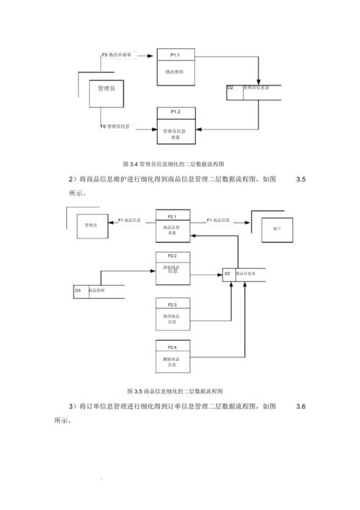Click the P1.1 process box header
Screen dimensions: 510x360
click(176, 55)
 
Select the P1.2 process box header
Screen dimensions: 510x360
click(176, 112)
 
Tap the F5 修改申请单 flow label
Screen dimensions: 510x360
click(120, 55)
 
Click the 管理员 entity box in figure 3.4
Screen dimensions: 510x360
click(107, 88)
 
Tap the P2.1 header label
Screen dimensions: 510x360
click(172, 216)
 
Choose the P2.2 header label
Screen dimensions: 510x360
click(172, 256)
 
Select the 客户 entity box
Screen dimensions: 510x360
click(277, 228)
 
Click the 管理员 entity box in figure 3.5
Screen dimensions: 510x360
click(91, 225)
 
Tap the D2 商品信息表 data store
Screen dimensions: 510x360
click(243, 274)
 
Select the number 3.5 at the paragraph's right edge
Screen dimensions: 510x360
click(301, 179)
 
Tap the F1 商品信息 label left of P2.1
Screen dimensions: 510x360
click(129, 219)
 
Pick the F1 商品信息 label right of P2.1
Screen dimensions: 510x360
click(219, 219)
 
